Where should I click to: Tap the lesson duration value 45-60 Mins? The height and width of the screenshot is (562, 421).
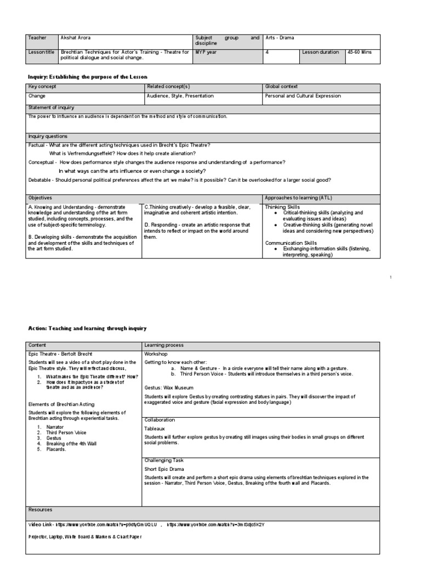[x=359, y=52]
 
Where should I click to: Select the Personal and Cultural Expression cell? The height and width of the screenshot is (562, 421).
[x=303, y=95]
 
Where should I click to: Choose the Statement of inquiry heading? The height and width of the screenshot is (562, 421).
[x=52, y=108]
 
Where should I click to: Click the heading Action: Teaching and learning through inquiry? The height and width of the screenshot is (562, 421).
[x=87, y=328]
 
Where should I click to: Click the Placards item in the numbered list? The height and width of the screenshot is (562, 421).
[x=56, y=449]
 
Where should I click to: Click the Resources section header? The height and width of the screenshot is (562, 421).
[x=41, y=510]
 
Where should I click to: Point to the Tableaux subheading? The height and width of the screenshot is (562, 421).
[x=154, y=428]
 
